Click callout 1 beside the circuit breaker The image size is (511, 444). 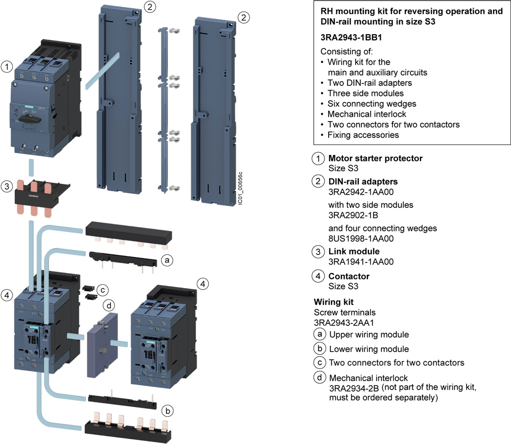[x=7, y=66]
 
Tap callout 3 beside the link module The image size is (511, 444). [x=7, y=186]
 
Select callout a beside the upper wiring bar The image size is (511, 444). [x=166, y=260]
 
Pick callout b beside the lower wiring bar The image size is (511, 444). [x=167, y=410]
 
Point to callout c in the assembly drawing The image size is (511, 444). [x=103, y=290]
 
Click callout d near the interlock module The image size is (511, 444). [x=108, y=306]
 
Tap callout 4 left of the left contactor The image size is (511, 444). [x=7, y=295]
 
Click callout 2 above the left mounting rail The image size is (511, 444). [x=149, y=7]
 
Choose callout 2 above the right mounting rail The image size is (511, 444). [x=244, y=17]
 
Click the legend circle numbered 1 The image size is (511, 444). [x=318, y=159]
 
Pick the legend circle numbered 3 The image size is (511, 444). [x=318, y=252]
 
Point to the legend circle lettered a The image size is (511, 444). [x=319, y=335]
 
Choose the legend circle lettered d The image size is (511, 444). [x=319, y=378]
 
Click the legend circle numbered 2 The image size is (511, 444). [x=318, y=181]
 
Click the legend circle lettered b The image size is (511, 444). [x=319, y=349]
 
